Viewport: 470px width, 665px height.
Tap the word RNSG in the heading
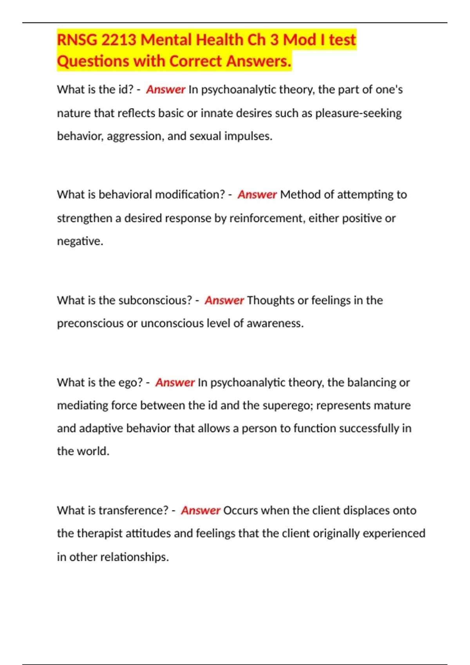point(77,40)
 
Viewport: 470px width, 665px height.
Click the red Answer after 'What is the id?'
point(165,90)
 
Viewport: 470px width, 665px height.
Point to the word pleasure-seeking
point(358,113)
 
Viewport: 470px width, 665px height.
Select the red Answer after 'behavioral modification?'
point(257,194)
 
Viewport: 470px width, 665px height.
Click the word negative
point(80,241)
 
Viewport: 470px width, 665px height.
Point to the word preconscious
point(90,323)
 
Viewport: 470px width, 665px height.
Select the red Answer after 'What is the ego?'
point(175,382)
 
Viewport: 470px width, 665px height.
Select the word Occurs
point(240,510)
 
